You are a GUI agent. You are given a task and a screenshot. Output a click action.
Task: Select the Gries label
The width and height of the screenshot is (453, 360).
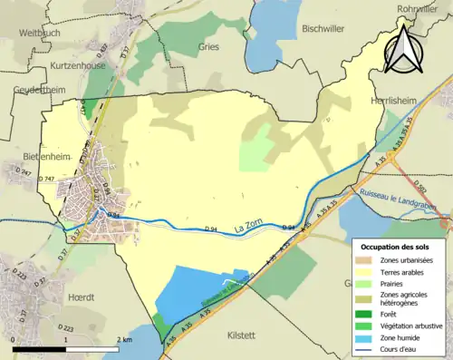pyautogui.click(x=208, y=46)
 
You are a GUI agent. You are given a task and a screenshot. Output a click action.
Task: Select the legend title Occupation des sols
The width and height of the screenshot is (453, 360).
pyautogui.click(x=395, y=247)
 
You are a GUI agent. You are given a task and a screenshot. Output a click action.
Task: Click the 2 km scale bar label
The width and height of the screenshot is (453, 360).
pyautogui.click(x=125, y=339)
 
